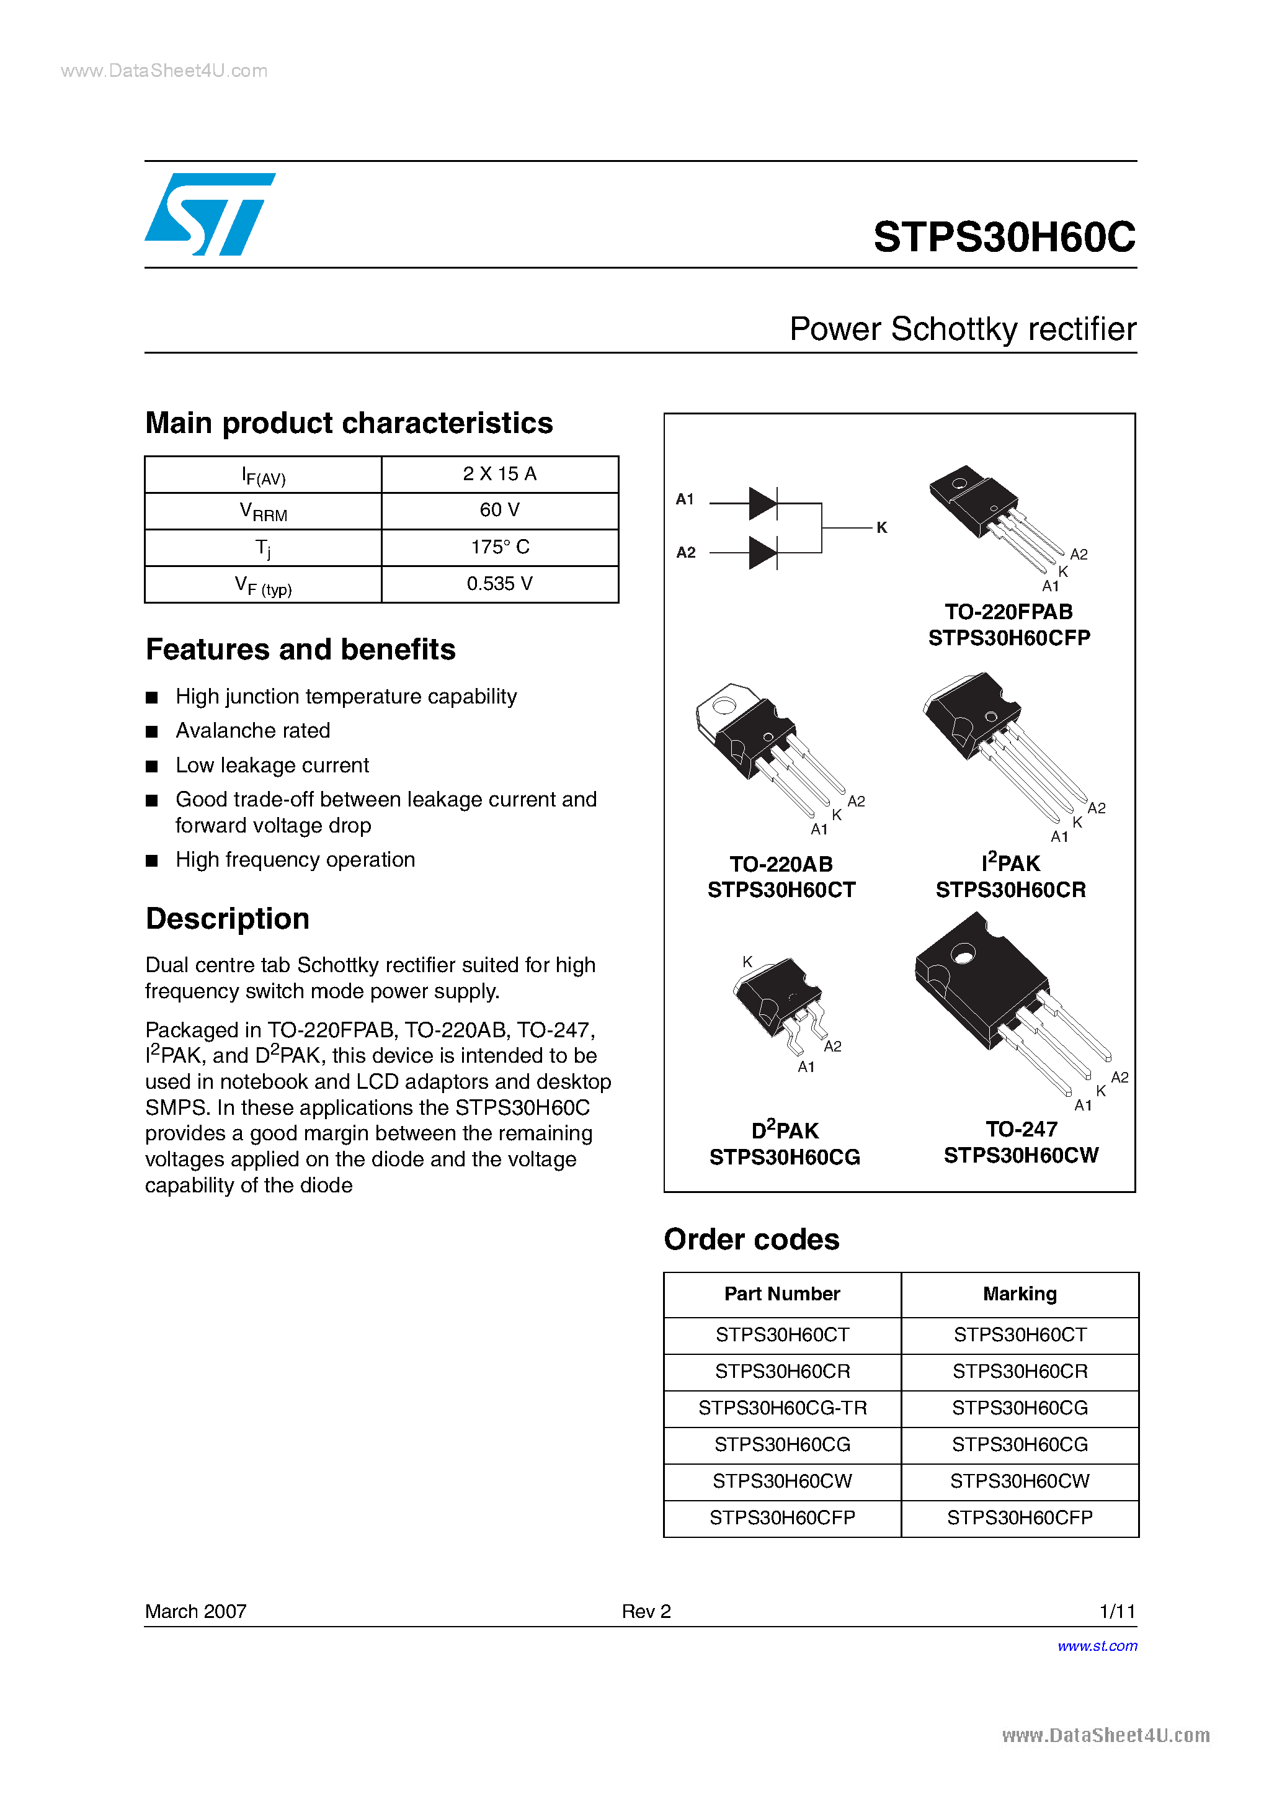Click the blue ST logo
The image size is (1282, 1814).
[209, 214]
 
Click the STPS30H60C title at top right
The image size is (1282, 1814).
[1004, 236]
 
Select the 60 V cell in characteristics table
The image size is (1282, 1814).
[499, 511]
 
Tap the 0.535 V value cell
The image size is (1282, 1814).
[499, 584]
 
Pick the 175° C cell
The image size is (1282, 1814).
[499, 547]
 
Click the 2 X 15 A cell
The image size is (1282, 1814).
[499, 473]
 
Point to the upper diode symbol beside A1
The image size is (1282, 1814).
[763, 503]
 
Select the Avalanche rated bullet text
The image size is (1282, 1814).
[253, 731]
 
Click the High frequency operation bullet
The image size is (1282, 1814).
[295, 860]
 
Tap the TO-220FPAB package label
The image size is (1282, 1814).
[1008, 612]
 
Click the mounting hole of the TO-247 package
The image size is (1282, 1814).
[962, 956]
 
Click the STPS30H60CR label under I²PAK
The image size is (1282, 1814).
[1010, 890]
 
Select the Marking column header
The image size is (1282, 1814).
[1019, 1294]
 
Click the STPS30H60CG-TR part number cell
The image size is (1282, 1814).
[782, 1408]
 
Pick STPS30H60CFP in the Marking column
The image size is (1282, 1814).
[1019, 1517]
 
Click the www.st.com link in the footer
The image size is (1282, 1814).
[1097, 1646]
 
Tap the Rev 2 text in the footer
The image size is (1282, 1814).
[646, 1612]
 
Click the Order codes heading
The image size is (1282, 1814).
[751, 1240]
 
